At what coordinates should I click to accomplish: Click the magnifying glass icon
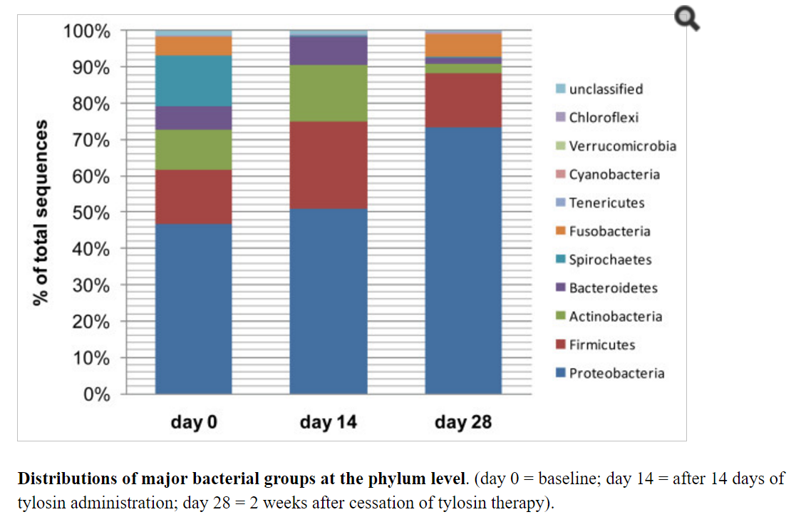[x=687, y=19]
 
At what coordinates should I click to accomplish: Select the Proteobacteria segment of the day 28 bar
[x=463, y=260]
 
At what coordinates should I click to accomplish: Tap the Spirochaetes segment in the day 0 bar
[x=193, y=81]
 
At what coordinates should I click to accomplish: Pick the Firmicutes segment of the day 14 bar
[x=328, y=165]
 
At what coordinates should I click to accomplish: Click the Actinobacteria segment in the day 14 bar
[x=328, y=93]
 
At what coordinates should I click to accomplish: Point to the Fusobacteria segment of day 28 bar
[x=463, y=45]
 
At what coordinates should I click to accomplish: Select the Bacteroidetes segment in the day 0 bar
[x=193, y=118]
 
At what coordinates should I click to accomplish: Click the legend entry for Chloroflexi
[x=603, y=118]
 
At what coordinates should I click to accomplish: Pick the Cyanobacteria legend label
[x=614, y=175]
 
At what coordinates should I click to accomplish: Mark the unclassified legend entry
[x=605, y=89]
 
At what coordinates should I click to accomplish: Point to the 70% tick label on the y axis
[x=92, y=140]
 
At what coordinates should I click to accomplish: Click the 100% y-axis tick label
[x=87, y=31]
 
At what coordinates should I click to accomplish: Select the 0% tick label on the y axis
[x=97, y=394]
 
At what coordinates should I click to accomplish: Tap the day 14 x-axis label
[x=328, y=422]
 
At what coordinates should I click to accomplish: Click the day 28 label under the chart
[x=463, y=422]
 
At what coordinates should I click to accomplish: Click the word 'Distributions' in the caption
[x=63, y=478]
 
